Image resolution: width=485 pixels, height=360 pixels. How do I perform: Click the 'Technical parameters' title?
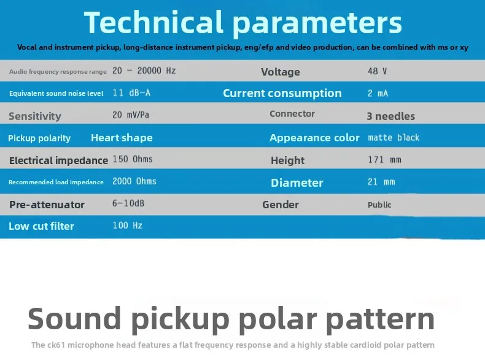click(243, 22)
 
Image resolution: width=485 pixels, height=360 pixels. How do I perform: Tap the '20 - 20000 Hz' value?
click(144, 71)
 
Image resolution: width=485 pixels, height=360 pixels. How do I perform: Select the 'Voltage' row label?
click(280, 72)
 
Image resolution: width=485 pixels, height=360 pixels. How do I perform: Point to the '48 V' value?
click(377, 71)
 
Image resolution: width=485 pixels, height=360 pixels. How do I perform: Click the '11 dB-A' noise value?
click(131, 93)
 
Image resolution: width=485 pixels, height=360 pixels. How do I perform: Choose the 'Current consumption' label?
click(282, 93)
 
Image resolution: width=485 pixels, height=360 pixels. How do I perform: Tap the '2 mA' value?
click(378, 93)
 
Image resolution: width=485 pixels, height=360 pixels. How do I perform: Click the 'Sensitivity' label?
click(35, 116)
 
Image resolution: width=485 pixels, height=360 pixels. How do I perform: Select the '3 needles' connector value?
click(390, 116)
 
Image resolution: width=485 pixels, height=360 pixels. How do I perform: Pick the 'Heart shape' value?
click(122, 138)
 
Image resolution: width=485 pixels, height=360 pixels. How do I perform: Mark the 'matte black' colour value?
click(394, 138)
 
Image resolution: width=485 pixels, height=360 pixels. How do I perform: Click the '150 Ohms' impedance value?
click(133, 159)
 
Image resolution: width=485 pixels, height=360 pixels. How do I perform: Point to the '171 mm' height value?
click(384, 160)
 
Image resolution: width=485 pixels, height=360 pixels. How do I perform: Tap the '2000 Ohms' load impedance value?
click(134, 181)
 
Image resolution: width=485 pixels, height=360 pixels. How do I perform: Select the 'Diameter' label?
click(297, 182)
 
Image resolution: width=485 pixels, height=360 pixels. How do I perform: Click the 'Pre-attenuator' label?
click(47, 205)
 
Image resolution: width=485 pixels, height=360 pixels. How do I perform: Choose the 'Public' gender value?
click(379, 205)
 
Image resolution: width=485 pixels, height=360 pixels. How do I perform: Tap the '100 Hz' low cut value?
click(128, 225)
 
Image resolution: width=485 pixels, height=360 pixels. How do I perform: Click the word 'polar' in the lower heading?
click(278, 319)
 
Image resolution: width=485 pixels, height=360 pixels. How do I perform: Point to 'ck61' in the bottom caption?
click(56, 345)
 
